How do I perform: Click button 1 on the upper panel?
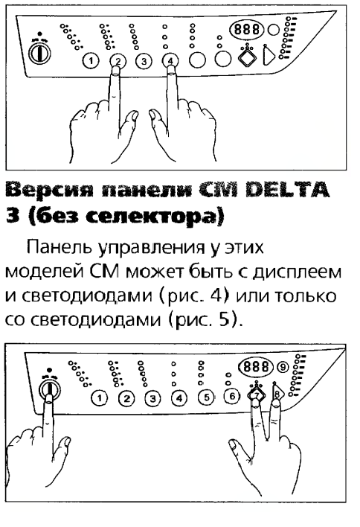(91, 61)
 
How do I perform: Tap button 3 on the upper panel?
(144, 61)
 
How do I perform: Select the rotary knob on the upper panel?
(39, 53)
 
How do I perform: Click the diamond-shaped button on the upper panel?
(248, 56)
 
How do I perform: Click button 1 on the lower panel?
(100, 398)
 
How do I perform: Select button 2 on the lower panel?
(126, 399)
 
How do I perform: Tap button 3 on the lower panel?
(152, 399)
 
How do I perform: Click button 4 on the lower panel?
(179, 398)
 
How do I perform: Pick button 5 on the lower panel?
(207, 397)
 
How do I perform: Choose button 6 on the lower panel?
(232, 396)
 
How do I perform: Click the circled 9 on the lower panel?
(283, 367)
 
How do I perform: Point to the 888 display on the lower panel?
(256, 366)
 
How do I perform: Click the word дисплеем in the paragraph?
(298, 272)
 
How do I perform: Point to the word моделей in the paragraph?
(44, 272)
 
